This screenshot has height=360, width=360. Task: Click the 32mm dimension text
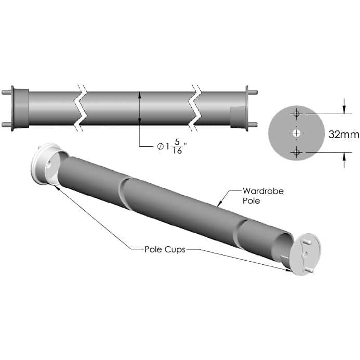pos(343,134)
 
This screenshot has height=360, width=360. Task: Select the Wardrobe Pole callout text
pos(263,195)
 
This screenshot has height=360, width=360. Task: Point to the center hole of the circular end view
pos(297,133)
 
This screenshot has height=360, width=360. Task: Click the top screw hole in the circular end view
pos(297,114)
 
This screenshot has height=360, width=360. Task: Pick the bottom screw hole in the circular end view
pos(297,152)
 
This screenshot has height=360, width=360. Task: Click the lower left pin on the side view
pos(6,124)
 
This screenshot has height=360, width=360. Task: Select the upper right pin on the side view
pos(252,92)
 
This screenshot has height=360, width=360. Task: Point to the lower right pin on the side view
pos(252,124)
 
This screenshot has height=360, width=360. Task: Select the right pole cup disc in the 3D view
pos(305,253)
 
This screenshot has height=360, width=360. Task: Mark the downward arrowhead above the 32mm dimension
pos(344,110)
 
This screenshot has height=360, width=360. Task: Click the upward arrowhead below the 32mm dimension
pos(344,156)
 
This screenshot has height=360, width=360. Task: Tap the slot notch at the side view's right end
pos(238,117)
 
